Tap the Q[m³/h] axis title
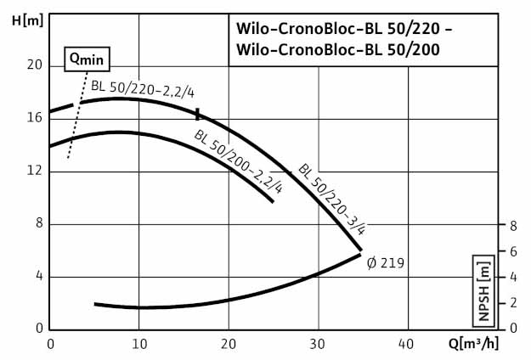pos(495,344)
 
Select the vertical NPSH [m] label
pos(483,289)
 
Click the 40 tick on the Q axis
pos(407,344)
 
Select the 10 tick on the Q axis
pos(139,344)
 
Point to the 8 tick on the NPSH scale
pos(512,225)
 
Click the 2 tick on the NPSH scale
pos(512,303)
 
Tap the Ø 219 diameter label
pos(386,263)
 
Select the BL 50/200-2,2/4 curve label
pos(239,162)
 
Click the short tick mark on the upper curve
pos(197,114)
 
